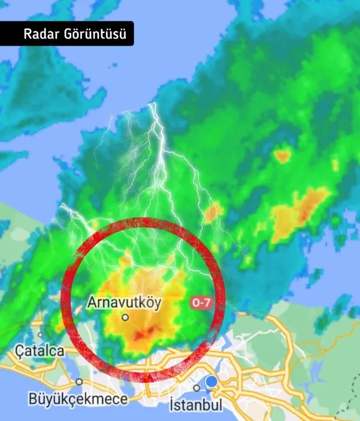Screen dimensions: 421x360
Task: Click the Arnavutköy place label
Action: pyautogui.click(x=124, y=303)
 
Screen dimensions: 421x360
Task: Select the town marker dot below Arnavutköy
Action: pyautogui.click(x=125, y=317)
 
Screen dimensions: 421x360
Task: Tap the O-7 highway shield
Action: pyautogui.click(x=200, y=303)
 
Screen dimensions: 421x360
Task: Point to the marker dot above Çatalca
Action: pyautogui.click(x=40, y=335)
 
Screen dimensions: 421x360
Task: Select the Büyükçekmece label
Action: pyautogui.click(x=78, y=399)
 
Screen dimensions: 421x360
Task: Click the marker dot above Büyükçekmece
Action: pyautogui.click(x=79, y=381)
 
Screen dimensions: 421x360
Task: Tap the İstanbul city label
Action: pyautogui.click(x=196, y=404)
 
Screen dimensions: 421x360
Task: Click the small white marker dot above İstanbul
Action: pyautogui.click(x=196, y=388)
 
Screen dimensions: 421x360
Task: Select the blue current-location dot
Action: pyautogui.click(x=211, y=382)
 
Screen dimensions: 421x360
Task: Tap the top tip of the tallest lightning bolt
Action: pyautogui.click(x=154, y=104)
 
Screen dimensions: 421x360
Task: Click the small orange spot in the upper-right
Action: pyautogui.click(x=282, y=156)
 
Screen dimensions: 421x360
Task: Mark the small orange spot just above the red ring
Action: pyautogui.click(x=212, y=211)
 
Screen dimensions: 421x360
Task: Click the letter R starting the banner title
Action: pyautogui.click(x=28, y=34)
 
